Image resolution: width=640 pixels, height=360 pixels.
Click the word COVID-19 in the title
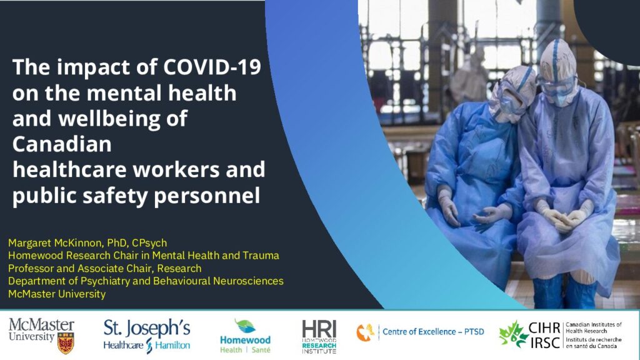tap(212, 67)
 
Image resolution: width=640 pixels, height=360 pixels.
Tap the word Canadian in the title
tap(62, 144)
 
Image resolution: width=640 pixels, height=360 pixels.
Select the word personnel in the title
tap(206, 196)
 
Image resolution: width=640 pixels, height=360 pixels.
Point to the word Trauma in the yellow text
tap(261, 256)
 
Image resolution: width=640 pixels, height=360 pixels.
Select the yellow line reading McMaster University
tap(57, 294)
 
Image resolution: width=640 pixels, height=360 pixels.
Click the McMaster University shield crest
tap(65, 343)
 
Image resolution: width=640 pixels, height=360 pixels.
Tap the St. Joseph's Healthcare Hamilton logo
tap(147, 336)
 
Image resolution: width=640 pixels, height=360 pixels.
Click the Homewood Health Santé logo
tap(245, 336)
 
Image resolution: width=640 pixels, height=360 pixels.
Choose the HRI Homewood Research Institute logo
tap(319, 337)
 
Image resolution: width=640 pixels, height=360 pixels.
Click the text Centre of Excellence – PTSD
tap(433, 331)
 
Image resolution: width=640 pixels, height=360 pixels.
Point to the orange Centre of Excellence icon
tap(365, 332)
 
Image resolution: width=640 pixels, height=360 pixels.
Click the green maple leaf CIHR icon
tap(512, 334)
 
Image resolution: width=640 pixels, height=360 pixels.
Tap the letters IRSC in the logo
tap(545, 343)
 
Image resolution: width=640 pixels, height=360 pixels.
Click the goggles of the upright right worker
tap(556, 86)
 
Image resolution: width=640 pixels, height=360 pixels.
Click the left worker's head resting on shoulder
tap(512, 94)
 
